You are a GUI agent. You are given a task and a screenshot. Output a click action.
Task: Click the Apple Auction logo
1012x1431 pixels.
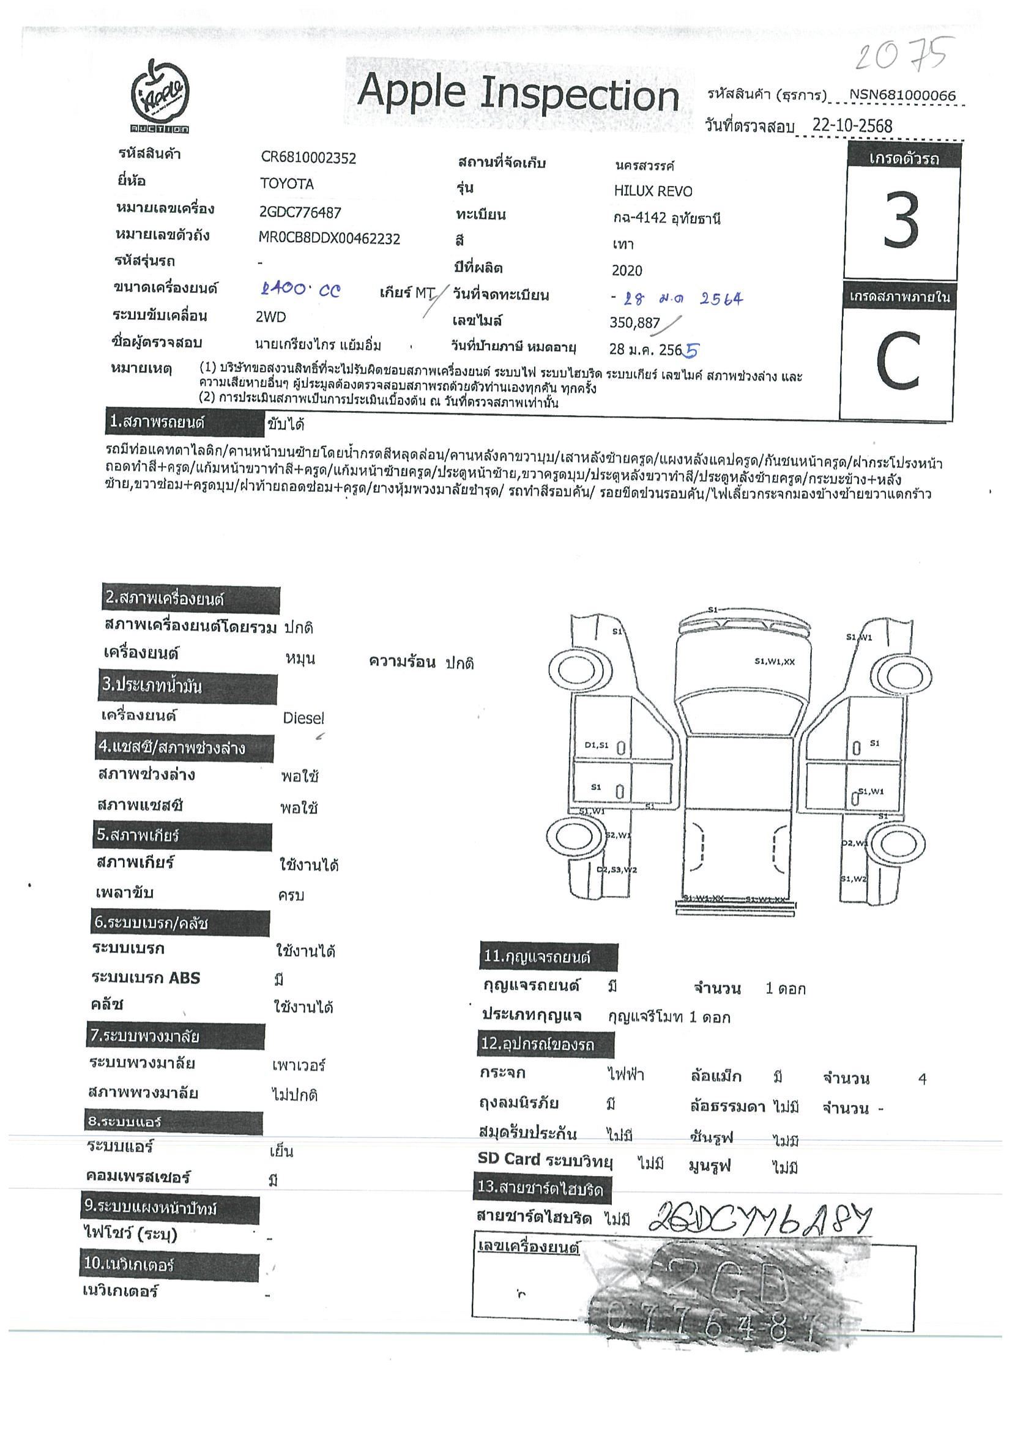pos(160,96)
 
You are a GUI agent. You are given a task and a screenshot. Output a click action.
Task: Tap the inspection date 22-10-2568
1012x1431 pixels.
pos(852,125)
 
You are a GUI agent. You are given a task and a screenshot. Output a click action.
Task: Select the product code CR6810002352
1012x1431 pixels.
pos(308,158)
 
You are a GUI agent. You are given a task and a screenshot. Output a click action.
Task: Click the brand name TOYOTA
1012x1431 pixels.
pos(287,184)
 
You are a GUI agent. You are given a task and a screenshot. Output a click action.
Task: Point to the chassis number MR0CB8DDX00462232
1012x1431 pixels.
pos(329,238)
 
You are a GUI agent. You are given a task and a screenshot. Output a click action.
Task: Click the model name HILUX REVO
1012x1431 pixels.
pos(653,191)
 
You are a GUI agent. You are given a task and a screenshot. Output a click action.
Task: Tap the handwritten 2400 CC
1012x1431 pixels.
pos(300,290)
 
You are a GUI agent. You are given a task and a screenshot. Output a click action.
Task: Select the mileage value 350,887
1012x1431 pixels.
pos(634,322)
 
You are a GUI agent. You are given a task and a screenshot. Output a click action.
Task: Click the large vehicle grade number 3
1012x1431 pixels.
pos(901,221)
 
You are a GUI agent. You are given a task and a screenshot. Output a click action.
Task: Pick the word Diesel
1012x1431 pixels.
pos(303,718)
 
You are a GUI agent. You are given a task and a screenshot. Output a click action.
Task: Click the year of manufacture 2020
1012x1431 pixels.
pos(627,270)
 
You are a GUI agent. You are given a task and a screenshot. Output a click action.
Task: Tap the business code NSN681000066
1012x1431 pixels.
pos(902,95)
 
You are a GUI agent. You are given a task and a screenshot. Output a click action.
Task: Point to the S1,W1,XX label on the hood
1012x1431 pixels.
pos(775,661)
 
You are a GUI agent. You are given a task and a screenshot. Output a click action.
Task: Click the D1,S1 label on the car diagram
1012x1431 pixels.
pos(596,745)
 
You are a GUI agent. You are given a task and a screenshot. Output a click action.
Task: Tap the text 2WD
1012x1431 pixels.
pos(270,317)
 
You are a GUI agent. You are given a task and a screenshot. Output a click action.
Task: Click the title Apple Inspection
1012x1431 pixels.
pos(518,94)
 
